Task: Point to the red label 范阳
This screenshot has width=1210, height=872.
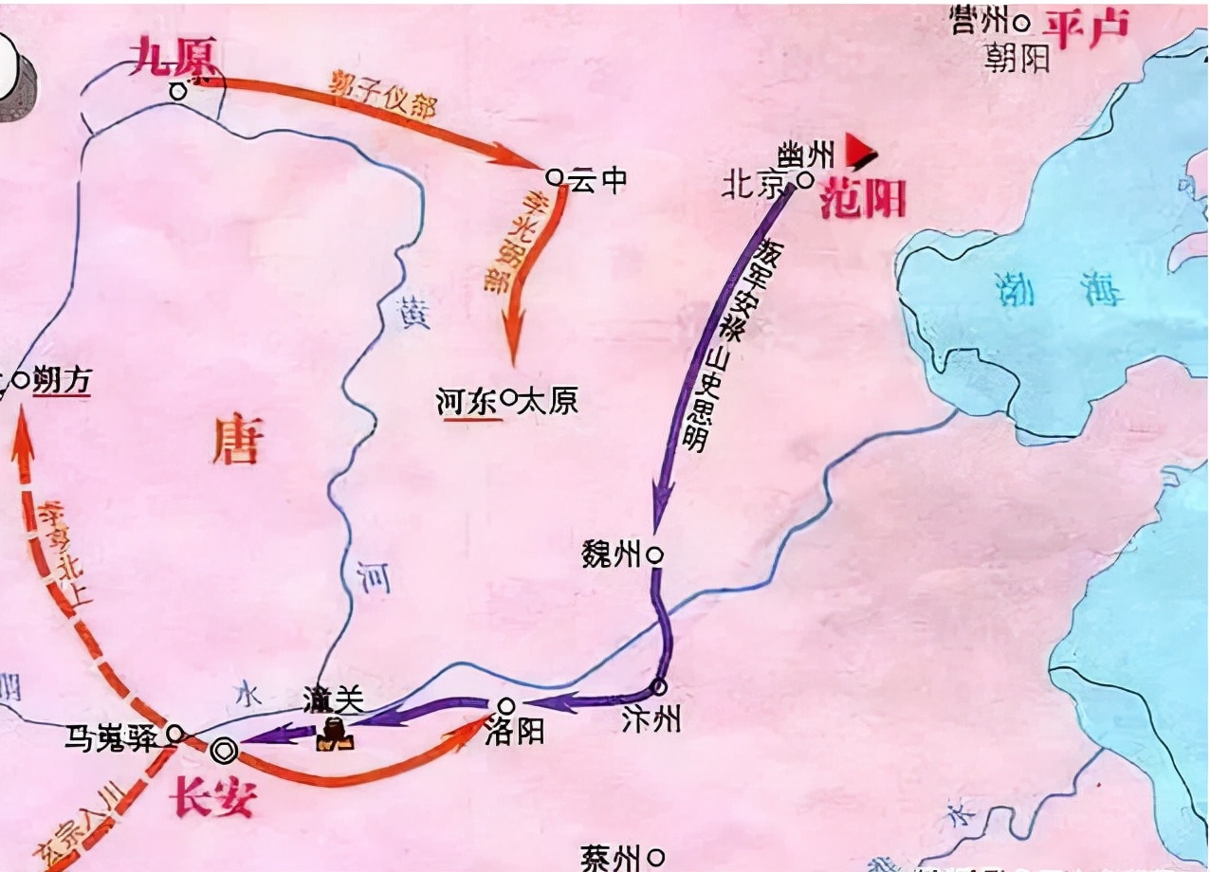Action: point(862,200)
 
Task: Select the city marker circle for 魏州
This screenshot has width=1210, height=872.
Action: point(654,555)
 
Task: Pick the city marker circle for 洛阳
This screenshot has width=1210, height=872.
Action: point(506,706)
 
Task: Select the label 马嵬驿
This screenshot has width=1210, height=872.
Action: point(117,738)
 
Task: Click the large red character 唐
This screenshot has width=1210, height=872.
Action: point(236,443)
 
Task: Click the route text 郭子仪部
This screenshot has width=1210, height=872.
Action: point(384,92)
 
